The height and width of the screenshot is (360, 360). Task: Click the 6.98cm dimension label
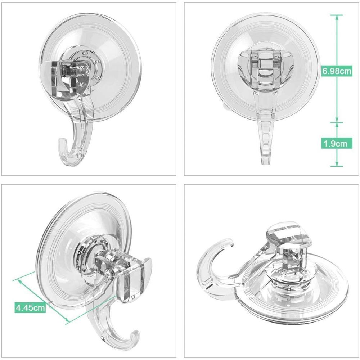pyautogui.click(x=337, y=71)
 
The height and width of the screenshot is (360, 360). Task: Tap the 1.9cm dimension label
pyautogui.click(x=335, y=144)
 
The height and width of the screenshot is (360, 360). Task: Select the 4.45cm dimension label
pyautogui.click(x=30, y=307)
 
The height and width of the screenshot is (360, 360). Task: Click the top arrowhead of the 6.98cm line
pyautogui.click(x=337, y=16)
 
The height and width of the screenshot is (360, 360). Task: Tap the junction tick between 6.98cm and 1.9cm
pyautogui.click(x=337, y=122)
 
